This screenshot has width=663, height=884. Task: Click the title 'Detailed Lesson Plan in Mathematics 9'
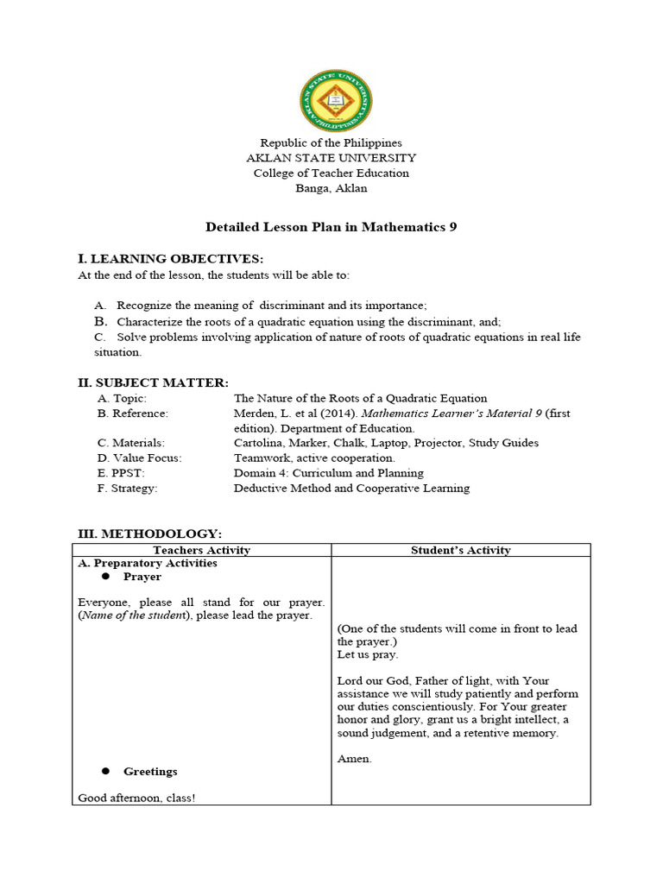click(x=331, y=227)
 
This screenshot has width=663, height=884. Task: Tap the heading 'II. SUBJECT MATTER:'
click(x=153, y=382)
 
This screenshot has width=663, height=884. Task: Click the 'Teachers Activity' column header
click(x=201, y=550)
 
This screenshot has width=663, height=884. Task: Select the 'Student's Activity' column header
click(x=460, y=550)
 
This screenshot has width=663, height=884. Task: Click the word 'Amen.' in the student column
click(x=354, y=759)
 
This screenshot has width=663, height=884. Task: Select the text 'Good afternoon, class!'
click(x=136, y=798)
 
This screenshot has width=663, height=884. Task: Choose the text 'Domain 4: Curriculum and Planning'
click(x=328, y=473)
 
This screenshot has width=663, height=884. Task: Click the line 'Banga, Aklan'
click(x=331, y=187)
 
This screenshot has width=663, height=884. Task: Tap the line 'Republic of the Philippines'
click(x=331, y=142)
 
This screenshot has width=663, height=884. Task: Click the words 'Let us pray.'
click(x=367, y=654)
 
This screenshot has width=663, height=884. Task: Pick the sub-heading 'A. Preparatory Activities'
click(x=147, y=563)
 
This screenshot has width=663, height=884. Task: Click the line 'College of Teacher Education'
click(x=331, y=173)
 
